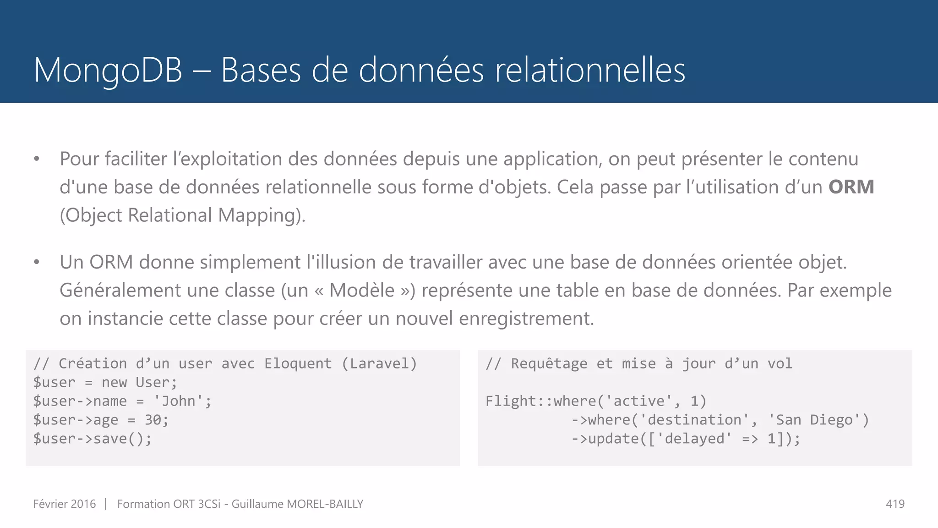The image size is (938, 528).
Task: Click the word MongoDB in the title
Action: pyautogui.click(x=108, y=70)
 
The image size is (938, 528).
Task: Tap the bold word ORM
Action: pyautogui.click(x=851, y=187)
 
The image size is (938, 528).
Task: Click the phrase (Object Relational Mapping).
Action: pyautogui.click(x=182, y=215)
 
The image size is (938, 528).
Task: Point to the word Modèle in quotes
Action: pyautogui.click(x=362, y=290)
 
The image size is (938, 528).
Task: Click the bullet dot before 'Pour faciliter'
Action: pyautogui.click(x=37, y=159)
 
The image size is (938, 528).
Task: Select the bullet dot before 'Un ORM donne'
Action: pyautogui.click(x=37, y=263)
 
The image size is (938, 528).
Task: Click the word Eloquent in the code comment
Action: pyautogui.click(x=298, y=363)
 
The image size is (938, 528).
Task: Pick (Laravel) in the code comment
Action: pyautogui.click(x=379, y=363)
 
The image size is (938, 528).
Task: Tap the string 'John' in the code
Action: pyautogui.click(x=179, y=401)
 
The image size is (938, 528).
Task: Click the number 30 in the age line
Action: pyautogui.click(x=153, y=420)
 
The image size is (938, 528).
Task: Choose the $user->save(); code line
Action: pyautogui.click(x=92, y=439)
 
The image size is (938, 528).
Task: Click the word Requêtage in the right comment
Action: pyautogui.click(x=549, y=363)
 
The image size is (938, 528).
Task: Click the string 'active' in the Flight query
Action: pyautogui.click(x=638, y=401)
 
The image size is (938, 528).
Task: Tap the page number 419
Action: pyautogui.click(x=895, y=504)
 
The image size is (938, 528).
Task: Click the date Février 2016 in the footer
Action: pyautogui.click(x=65, y=504)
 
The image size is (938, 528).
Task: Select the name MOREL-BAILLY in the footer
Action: pyautogui.click(x=325, y=504)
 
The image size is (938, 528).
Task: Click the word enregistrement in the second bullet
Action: pyautogui.click(x=526, y=319)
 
